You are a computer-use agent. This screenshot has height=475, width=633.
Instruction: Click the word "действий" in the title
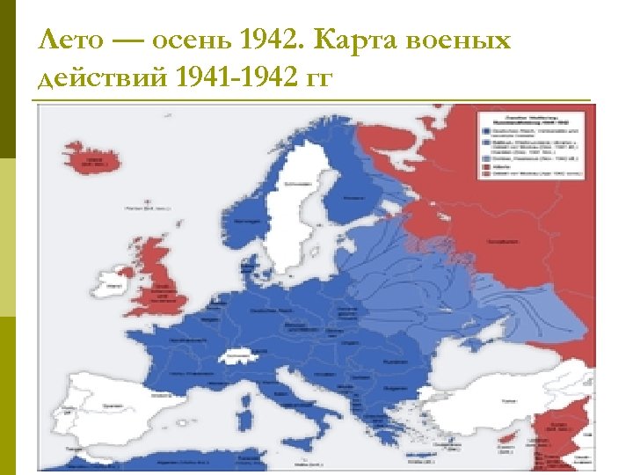click(102, 78)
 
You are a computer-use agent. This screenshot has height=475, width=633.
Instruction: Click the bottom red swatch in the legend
click(484, 174)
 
